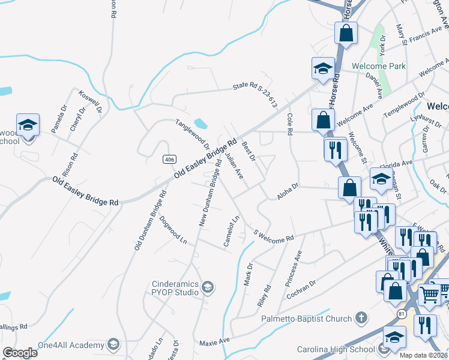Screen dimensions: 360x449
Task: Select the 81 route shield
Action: coord(402,313)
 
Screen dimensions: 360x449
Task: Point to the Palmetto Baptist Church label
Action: coord(307,318)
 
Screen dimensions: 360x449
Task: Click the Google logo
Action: coord(20,353)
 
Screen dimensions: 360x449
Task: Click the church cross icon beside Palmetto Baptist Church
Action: coord(361,317)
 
